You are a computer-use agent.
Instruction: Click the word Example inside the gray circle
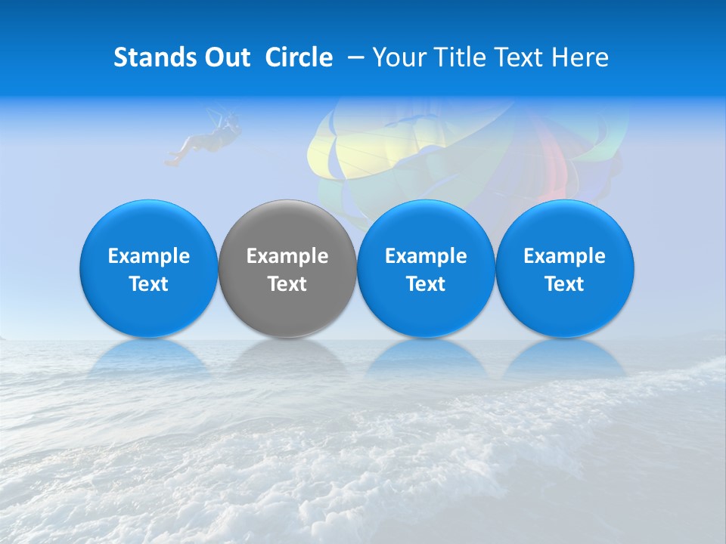(287, 256)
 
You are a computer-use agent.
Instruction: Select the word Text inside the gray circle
(287, 284)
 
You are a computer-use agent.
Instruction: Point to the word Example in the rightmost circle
(565, 256)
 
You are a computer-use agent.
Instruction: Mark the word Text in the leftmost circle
(149, 284)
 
